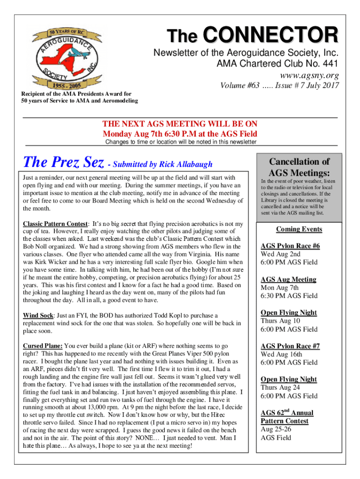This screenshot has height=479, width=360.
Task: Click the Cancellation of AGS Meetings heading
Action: [293, 167]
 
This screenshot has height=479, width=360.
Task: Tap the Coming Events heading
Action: [299, 229]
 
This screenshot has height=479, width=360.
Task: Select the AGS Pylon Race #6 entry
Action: [290, 246]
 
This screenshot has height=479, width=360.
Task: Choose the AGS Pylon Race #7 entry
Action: [290, 346]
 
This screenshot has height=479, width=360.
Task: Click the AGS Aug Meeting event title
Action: [288, 279]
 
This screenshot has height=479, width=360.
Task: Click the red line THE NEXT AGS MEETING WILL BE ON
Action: [180, 124]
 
